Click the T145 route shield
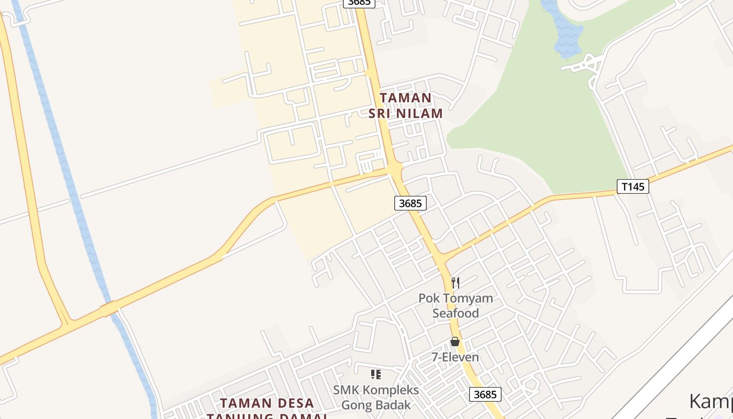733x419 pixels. tap(633, 186)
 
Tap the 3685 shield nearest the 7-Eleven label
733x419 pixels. tap(485, 394)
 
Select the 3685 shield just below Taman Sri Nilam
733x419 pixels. tap(410, 203)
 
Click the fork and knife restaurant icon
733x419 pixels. tap(456, 283)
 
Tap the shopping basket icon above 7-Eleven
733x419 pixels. tap(455, 341)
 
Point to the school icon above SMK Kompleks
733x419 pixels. tap(375, 374)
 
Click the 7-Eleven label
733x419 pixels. tap(455, 357)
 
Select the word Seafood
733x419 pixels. tap(456, 313)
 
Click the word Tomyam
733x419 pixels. tap(468, 299)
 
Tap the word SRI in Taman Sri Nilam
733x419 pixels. tap(380, 113)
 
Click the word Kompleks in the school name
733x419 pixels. tap(391, 390)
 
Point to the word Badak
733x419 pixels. tap(394, 405)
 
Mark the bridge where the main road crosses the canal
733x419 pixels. tap(109, 309)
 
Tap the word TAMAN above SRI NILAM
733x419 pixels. tap(406, 98)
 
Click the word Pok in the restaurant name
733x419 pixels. tap(428, 299)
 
